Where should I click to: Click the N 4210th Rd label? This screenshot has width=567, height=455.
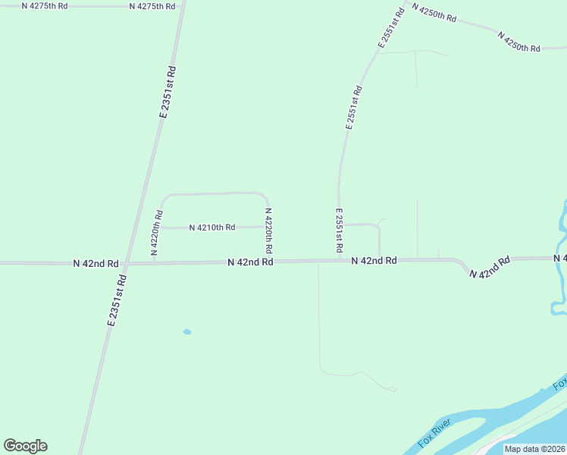pyautogui.click(x=212, y=227)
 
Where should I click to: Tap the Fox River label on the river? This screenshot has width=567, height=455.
pyautogui.click(x=434, y=432)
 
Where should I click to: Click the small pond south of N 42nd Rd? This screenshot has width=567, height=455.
pyautogui.click(x=187, y=331)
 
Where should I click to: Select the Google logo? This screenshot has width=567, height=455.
pyautogui.click(x=25, y=446)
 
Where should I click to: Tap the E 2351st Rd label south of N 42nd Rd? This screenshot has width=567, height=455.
pyautogui.click(x=117, y=300)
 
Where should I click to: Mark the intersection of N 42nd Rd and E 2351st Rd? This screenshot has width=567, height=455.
pyautogui.click(x=126, y=263)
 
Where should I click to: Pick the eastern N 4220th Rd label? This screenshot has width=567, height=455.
pyautogui.click(x=268, y=231)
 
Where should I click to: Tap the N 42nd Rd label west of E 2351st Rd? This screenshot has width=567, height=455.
pyautogui.click(x=96, y=263)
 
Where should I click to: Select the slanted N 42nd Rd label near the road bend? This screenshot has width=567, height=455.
pyautogui.click(x=490, y=267)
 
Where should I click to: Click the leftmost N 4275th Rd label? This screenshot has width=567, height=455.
pyautogui.click(x=45, y=5)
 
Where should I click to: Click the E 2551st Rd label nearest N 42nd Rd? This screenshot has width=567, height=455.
pyautogui.click(x=339, y=231)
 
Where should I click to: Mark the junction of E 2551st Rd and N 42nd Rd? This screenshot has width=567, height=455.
pyautogui.click(x=339, y=261)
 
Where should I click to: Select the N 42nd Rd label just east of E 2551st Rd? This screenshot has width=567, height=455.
pyautogui.click(x=374, y=260)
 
